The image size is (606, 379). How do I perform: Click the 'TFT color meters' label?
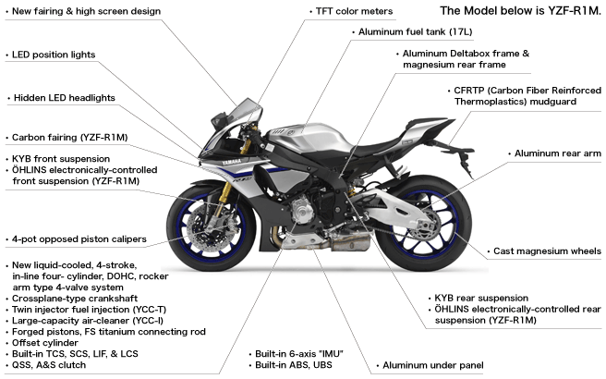pyautogui.click(x=354, y=12)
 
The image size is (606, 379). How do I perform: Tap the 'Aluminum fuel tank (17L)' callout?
pyautogui.click(x=415, y=31)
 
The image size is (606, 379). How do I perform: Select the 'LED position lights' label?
pyautogui.click(x=54, y=55)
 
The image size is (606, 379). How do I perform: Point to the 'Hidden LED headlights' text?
pyautogui.click(x=64, y=98)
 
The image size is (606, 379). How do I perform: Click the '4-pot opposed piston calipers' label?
pyautogui.click(x=79, y=239)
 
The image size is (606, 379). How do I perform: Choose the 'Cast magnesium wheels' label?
pyautogui.click(x=547, y=251)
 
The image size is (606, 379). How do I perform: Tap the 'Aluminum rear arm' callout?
pyautogui.click(x=557, y=153)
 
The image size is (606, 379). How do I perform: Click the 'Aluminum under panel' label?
pyautogui.click(x=433, y=365)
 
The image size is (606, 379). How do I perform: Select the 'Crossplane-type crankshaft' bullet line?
pyautogui.click(x=75, y=299)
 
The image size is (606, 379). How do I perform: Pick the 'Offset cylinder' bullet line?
pyautogui.click(x=45, y=343)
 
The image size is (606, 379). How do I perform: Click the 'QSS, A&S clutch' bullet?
pyautogui.click(x=49, y=365)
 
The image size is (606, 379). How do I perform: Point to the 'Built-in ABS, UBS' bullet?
pyautogui.click(x=294, y=365)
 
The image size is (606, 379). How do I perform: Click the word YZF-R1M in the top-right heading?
pyautogui.click(x=574, y=10)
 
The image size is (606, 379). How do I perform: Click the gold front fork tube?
pyautogui.click(x=224, y=193)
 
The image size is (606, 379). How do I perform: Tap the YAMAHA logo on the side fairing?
pyautogui.click(x=232, y=162)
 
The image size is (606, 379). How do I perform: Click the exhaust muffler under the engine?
pyautogui.click(x=350, y=242)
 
